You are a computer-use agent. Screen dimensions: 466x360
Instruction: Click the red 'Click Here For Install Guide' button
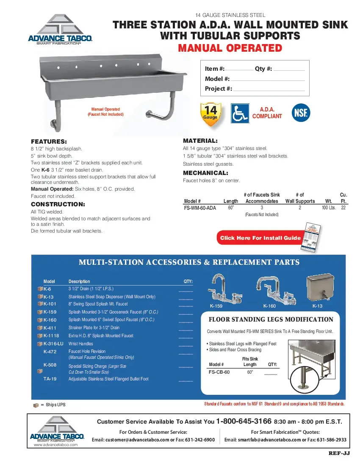pos(260,238)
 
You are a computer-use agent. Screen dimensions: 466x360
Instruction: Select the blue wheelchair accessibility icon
pos(240,113)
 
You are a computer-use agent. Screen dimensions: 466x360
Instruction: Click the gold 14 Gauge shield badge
pos(210,114)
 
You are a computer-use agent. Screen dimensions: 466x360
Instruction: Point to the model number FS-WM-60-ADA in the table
pos(200,208)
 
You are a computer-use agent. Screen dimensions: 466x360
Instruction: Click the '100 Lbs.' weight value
pos(329,208)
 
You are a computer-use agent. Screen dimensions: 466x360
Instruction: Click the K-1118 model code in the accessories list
pos(53,336)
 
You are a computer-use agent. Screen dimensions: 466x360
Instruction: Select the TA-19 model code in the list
pos(50,379)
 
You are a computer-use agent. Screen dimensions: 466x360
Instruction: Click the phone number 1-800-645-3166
pos(244,422)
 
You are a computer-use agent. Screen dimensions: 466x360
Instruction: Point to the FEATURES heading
pos(49,141)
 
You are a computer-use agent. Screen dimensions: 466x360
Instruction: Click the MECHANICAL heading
pos(205,173)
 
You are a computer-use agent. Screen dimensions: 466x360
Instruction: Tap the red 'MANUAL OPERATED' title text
pos(230,48)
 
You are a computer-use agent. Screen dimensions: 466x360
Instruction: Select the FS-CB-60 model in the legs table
pos(219,372)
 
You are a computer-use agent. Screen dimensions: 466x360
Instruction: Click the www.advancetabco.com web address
pos(56,445)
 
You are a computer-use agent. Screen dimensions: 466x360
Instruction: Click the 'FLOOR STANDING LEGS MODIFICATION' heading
pos(271,319)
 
